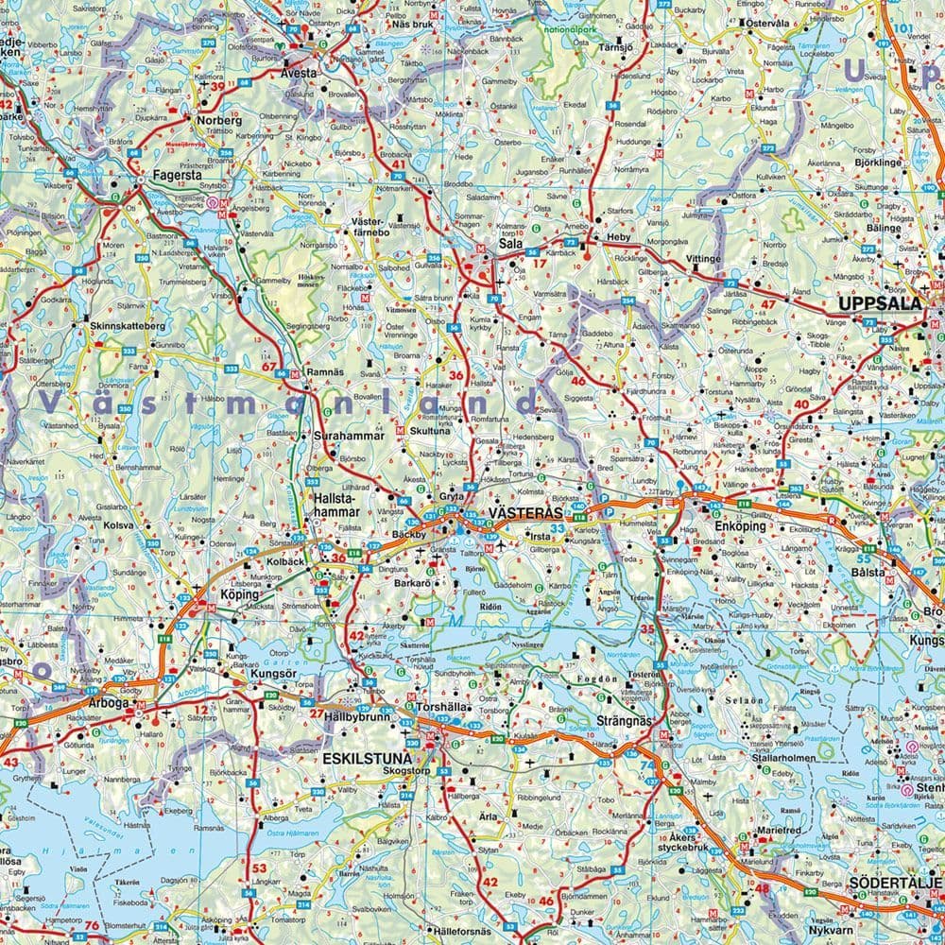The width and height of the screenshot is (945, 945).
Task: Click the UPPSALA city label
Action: tap(878, 304)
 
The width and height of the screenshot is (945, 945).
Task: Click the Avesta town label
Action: tap(299, 72)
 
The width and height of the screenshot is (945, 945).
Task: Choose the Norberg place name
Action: tap(219, 121)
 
